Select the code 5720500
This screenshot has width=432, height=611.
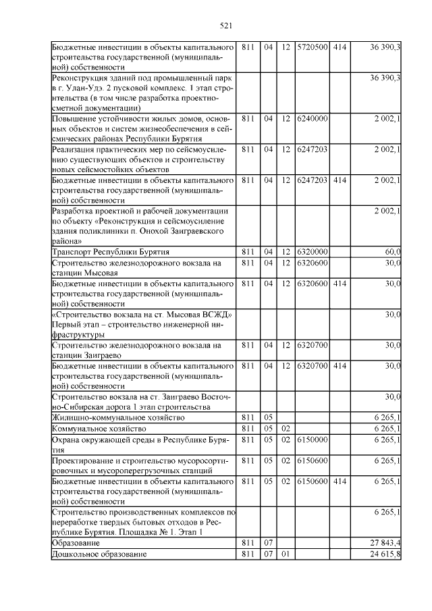pos(313,47)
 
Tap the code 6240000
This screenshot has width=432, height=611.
pos(313,119)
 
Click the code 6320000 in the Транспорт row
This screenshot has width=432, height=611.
pos(313,252)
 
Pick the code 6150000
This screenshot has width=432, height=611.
pos(313,440)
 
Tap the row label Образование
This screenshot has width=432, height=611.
pos(76,543)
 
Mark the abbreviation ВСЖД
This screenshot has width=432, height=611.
pos(218,315)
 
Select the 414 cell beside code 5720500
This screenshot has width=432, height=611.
pos(340,47)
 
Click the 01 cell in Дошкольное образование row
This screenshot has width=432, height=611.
pos(286,554)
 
